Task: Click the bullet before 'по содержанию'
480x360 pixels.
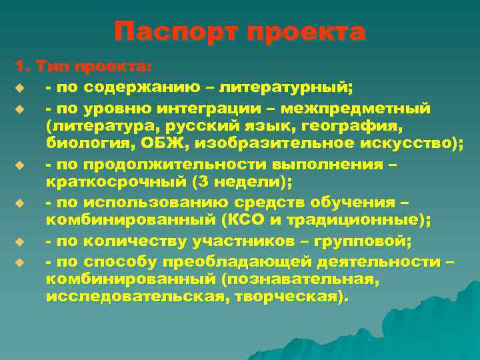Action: tap(20, 88)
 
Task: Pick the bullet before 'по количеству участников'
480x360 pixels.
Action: tap(20, 241)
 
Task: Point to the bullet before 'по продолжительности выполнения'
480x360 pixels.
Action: tap(20, 164)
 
